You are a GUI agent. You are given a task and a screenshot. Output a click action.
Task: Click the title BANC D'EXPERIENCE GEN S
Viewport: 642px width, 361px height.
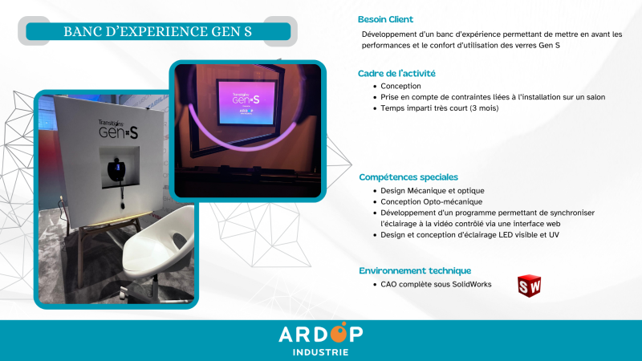click(157, 31)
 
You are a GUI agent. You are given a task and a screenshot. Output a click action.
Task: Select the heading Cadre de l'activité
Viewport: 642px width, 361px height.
click(396, 74)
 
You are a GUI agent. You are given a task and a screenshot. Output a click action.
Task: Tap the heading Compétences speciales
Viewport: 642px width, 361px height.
click(408, 176)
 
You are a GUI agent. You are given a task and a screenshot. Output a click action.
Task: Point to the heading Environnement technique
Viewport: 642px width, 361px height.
click(414, 270)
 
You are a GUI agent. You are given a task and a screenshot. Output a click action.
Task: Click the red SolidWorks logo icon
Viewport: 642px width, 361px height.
click(529, 285)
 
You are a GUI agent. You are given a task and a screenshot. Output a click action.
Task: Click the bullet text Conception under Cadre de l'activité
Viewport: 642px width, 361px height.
click(400, 86)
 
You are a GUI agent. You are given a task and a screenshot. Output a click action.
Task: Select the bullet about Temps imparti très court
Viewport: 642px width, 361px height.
click(439, 107)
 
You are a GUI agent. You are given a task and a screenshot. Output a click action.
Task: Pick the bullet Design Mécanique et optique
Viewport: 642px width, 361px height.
click(433, 190)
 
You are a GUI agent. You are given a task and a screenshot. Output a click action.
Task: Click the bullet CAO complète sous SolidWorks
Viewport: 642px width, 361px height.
click(436, 284)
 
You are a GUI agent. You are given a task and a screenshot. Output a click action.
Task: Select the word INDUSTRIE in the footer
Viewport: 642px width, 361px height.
click(320, 351)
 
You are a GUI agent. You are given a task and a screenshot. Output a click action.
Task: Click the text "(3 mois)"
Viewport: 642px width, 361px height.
click(484, 107)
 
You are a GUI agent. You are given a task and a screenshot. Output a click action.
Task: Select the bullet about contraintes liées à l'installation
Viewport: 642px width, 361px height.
click(493, 96)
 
